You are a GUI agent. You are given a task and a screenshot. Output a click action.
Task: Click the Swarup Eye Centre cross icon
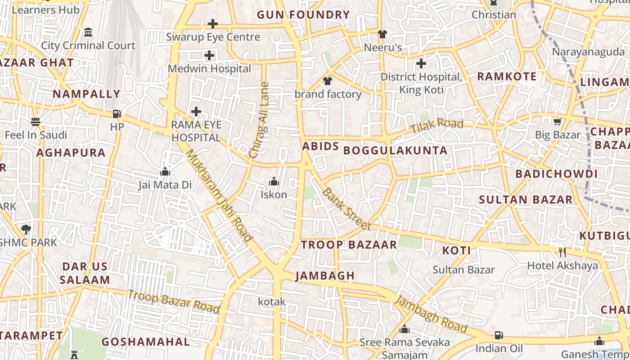coord(213,24)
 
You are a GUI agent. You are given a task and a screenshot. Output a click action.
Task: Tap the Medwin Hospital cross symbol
coord(209,56)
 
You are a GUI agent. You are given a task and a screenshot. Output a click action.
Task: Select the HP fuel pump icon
coord(117,114)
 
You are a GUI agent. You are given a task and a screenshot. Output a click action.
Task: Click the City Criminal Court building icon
coord(88,32)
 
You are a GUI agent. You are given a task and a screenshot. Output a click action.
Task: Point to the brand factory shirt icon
coord(328,81)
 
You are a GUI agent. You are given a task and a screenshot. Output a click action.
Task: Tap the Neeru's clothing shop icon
coord(382,34)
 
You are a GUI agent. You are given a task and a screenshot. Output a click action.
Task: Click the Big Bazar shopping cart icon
coord(558,121)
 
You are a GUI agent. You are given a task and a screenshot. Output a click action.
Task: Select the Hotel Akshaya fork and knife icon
coord(562,252)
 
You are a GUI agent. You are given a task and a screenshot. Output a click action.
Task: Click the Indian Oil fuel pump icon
coord(499,335)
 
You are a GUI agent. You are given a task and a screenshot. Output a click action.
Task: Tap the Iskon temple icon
coord(274,182)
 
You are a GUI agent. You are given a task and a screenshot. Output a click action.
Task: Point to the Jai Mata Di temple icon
coord(165,172)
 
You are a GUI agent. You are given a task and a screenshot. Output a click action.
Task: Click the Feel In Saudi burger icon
coord(36,122)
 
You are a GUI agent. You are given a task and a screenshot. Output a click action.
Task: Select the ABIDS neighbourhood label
coord(320,147)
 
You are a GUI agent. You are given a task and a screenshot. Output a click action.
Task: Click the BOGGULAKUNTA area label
coord(396,151)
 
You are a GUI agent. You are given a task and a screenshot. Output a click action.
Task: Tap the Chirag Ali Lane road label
coord(259,120)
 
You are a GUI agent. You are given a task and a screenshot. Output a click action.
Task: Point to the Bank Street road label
coord(346,209)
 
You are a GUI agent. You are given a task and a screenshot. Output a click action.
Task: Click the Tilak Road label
coord(436,126)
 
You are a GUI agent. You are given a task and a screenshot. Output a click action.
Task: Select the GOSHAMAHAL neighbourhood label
coord(146,342)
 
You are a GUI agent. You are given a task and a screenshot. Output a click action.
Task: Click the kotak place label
coord(272,301)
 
